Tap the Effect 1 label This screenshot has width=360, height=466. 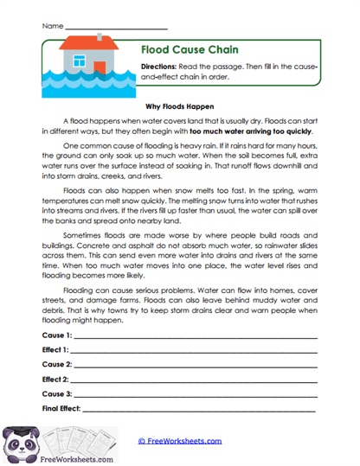tap(55, 349)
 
